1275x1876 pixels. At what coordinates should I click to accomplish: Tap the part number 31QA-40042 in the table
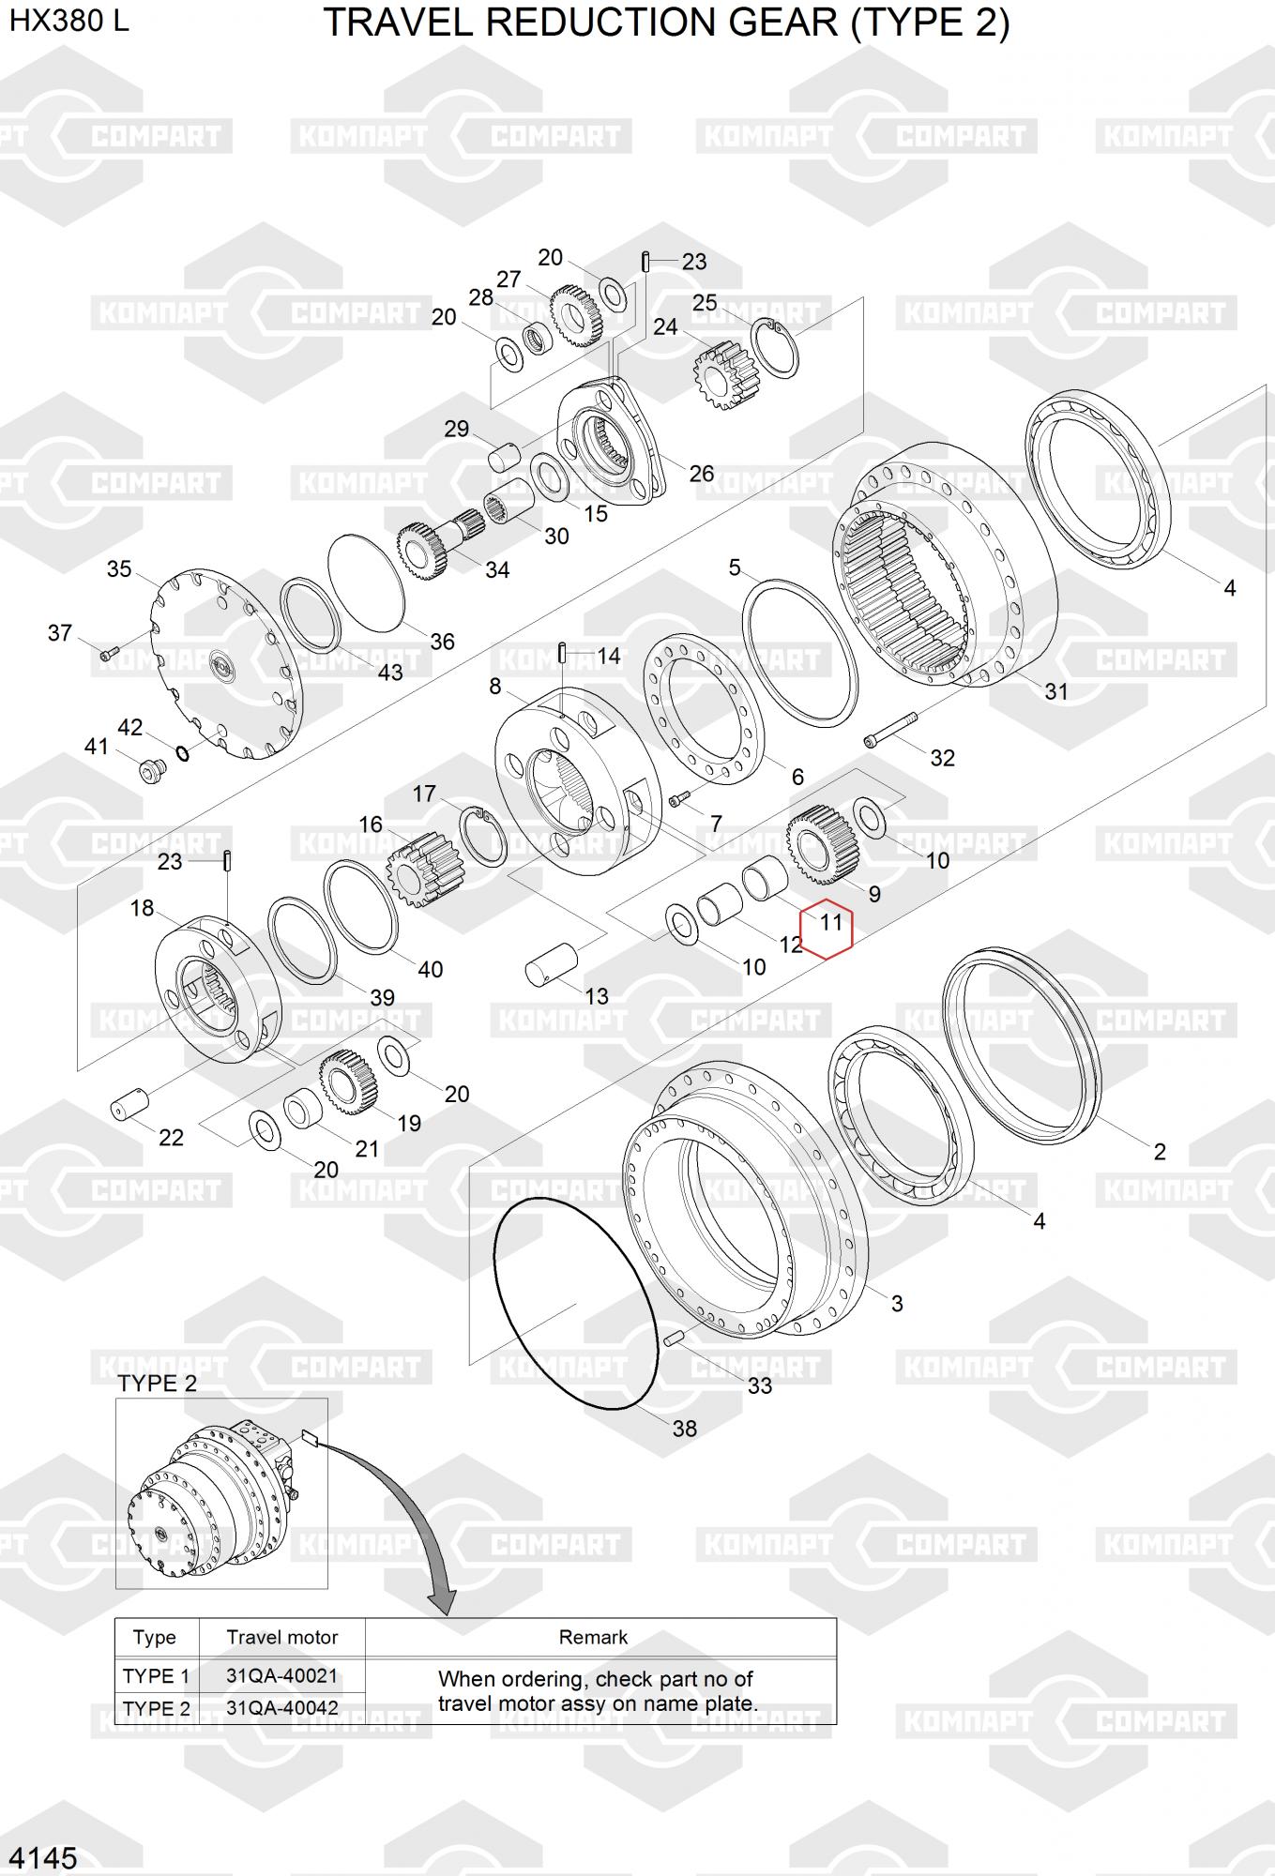tap(281, 1708)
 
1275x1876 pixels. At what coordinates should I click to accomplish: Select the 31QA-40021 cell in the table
tap(281, 1675)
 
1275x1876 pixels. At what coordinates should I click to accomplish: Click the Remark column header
tap(593, 1637)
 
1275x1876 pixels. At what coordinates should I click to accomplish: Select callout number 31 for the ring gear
tap(1056, 691)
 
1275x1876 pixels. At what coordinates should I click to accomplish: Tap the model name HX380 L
tap(69, 21)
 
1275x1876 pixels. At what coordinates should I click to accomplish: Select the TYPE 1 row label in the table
tap(156, 1675)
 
